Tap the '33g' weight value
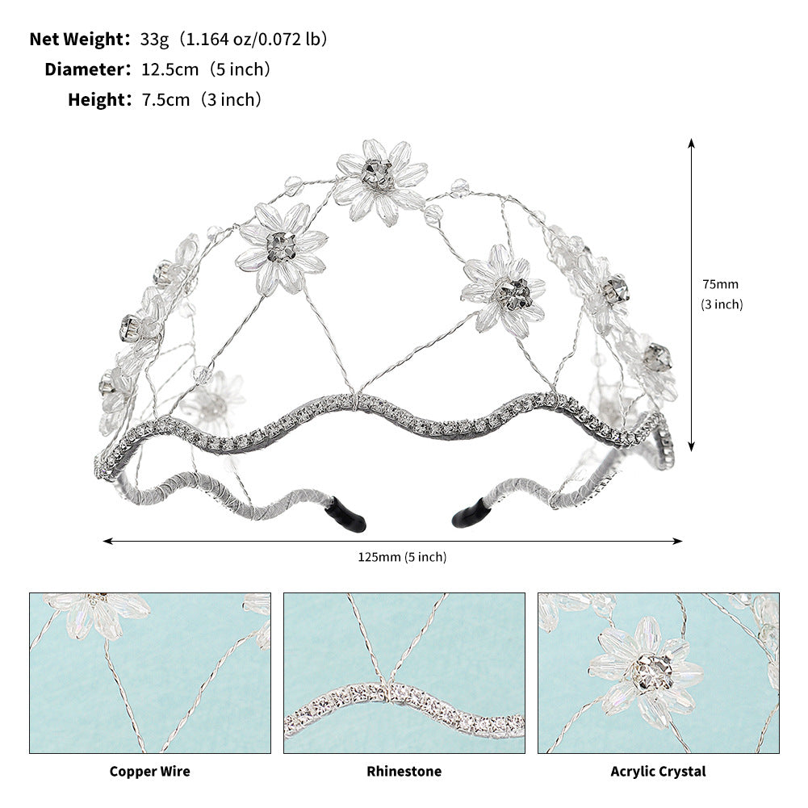153,39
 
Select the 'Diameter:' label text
87,69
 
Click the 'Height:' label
99,100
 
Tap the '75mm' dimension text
720,284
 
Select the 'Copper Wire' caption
150,772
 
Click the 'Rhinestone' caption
404,772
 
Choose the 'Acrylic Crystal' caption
658,772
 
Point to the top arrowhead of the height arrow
692,143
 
